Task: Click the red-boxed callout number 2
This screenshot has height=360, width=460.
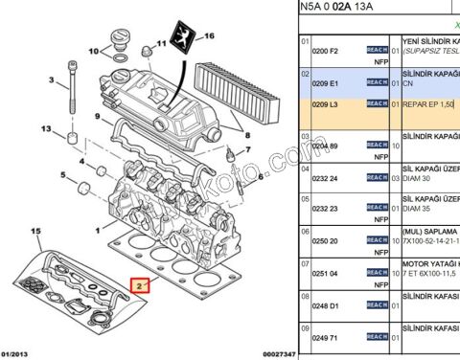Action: (x=140, y=285)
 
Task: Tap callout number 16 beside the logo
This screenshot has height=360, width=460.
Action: (x=211, y=37)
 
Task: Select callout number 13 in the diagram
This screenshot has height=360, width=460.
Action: (x=45, y=128)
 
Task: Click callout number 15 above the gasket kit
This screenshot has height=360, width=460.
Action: (x=36, y=232)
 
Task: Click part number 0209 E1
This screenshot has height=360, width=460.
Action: (x=328, y=82)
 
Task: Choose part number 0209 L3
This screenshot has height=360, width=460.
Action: (x=328, y=102)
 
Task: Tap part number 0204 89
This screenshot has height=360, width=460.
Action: (x=328, y=146)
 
